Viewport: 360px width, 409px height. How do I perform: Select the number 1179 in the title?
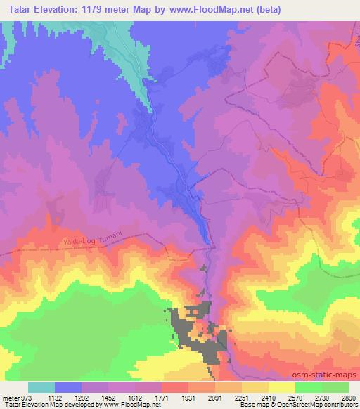pyautogui.click(x=106, y=10)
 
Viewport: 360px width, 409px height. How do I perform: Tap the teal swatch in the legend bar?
pyautogui.click(x=41, y=387)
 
